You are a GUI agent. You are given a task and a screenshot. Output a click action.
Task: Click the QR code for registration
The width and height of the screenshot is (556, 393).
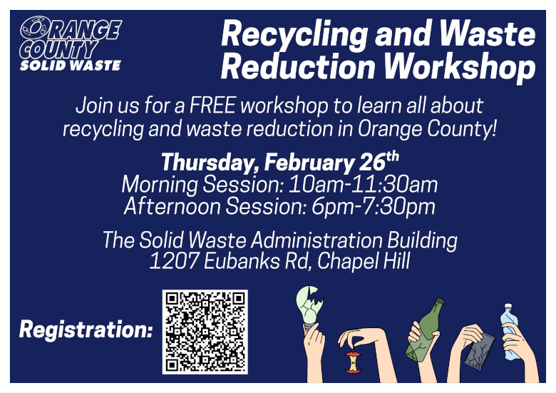(205, 332)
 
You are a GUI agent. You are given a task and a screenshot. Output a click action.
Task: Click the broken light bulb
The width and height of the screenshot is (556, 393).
(309, 310)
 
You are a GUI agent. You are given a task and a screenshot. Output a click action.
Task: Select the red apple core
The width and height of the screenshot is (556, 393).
(353, 362)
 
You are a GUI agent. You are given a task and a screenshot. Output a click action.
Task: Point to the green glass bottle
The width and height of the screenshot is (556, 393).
(425, 330)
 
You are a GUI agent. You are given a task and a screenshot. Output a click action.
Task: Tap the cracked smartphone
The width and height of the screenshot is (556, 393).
(480, 351)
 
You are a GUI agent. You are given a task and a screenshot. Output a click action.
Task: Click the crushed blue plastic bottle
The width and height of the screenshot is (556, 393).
(510, 332)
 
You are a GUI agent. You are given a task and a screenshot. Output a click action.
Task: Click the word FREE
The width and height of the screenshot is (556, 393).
(212, 106)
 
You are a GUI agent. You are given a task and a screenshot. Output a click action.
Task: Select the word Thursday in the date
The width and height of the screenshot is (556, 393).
(210, 163)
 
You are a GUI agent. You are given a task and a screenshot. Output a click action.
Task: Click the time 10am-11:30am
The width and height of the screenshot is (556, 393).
(363, 185)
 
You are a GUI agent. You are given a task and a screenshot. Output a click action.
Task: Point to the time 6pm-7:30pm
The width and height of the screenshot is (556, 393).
(374, 206)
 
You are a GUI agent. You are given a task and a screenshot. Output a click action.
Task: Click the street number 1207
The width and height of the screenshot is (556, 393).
(174, 261)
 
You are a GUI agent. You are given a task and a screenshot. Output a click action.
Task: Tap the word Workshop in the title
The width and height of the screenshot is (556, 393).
(460, 66)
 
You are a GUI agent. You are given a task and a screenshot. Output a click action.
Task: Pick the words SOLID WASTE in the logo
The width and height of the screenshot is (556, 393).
(71, 66)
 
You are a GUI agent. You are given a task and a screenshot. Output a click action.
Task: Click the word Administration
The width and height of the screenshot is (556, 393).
(316, 240)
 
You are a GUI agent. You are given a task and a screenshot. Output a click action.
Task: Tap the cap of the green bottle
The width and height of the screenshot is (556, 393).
(440, 301)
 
